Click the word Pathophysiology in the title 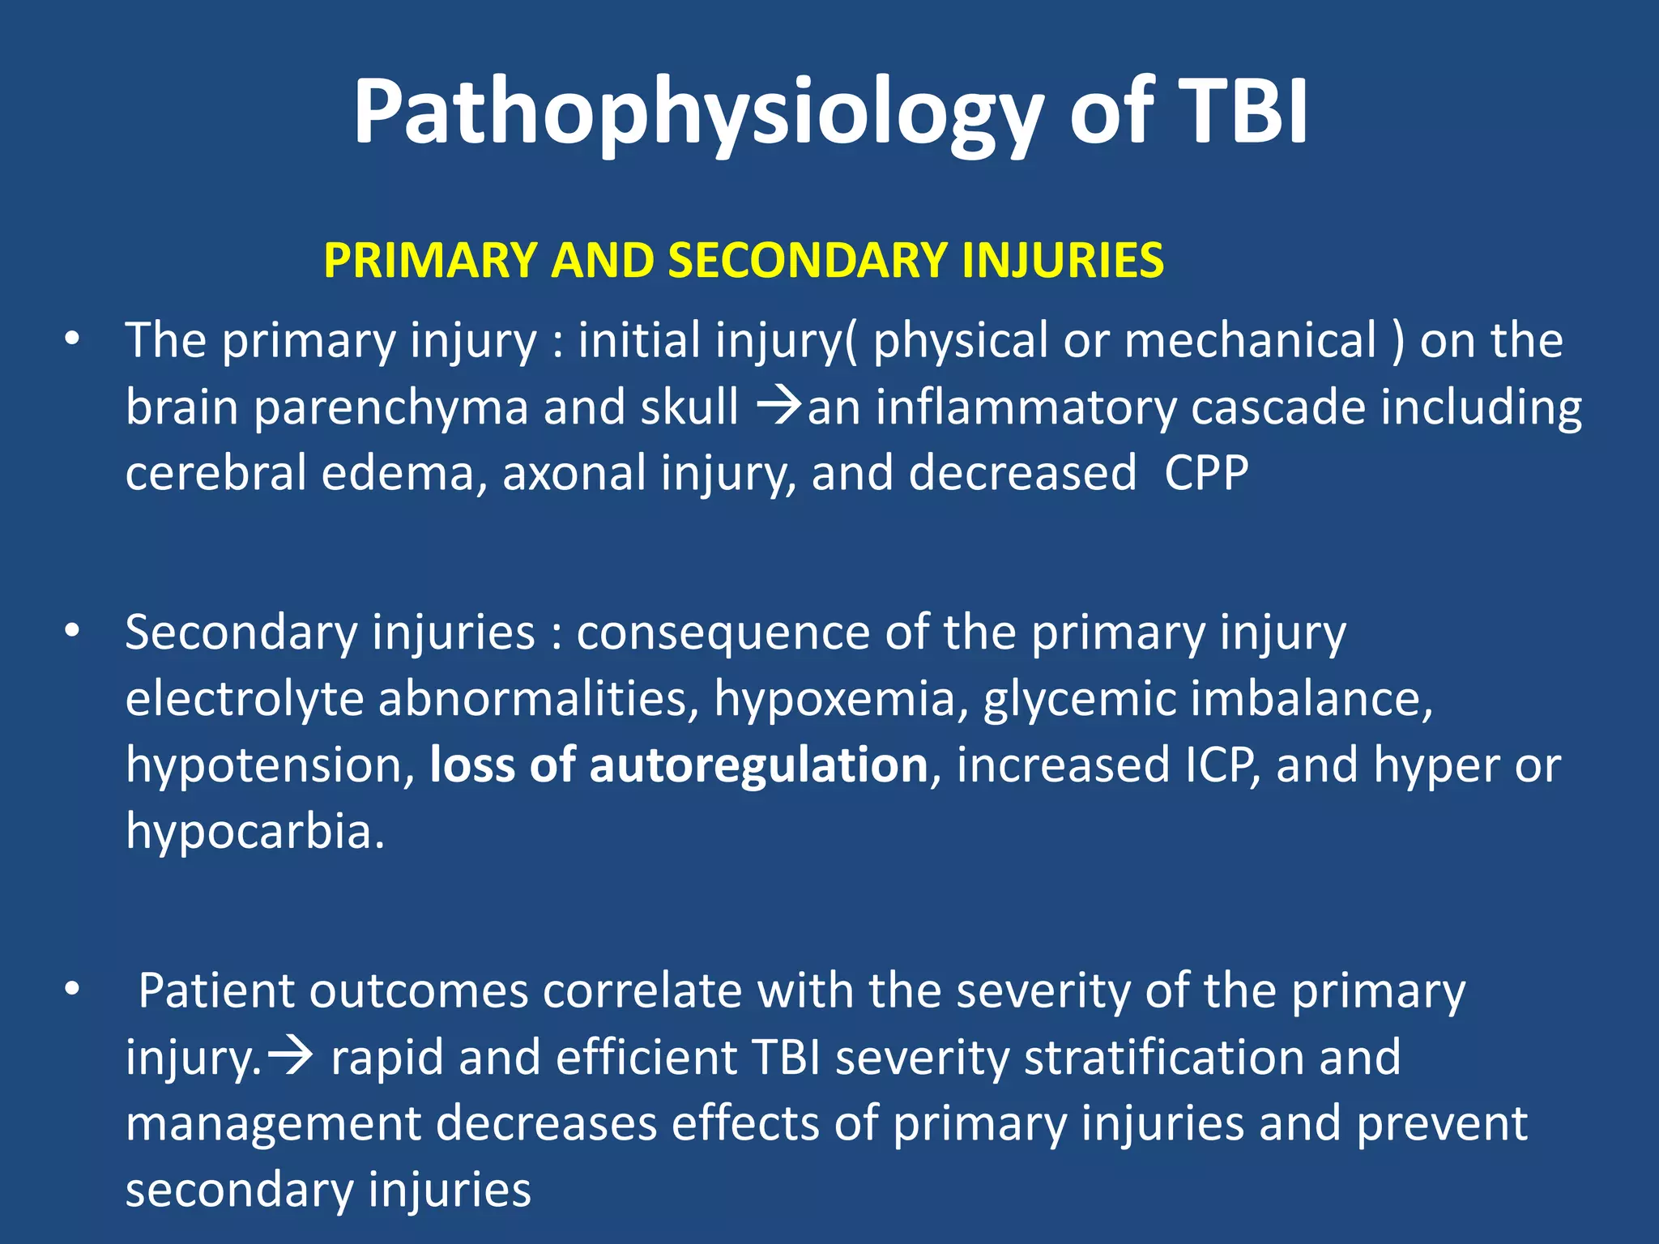coord(697,113)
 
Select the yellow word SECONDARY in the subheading coord(806,261)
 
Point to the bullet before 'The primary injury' coord(72,340)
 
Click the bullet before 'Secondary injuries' coord(72,632)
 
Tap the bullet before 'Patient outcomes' coord(72,990)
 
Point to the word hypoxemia coord(834,699)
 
